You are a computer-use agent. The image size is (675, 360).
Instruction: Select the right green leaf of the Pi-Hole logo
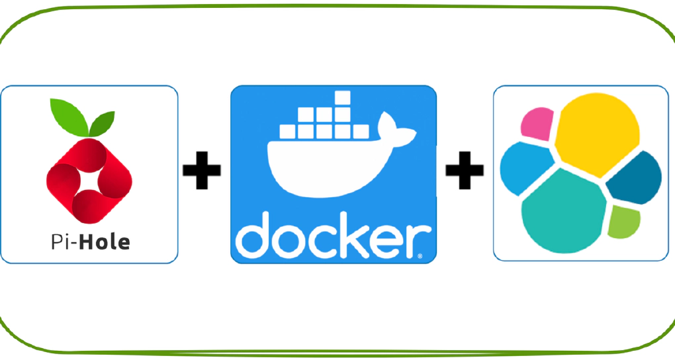102,122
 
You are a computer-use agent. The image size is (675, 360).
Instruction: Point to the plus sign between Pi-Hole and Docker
202,173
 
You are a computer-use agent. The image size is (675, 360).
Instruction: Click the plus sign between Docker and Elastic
465,173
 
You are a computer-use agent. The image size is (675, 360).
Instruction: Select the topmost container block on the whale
342,99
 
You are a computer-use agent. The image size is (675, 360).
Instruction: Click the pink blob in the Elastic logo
537,125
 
